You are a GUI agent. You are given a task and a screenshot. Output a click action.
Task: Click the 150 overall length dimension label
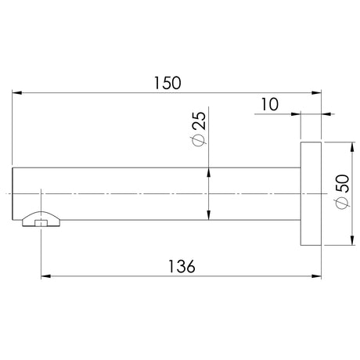click(x=167, y=83)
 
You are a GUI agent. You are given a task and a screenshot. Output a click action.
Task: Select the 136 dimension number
click(x=182, y=267)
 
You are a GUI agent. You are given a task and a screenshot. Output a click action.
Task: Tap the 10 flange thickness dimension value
click(x=270, y=104)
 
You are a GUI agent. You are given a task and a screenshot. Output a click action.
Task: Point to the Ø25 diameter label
click(x=200, y=129)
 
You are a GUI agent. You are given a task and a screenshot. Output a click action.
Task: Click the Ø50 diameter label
click(x=342, y=192)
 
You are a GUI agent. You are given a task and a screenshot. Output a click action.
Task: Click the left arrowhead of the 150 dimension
click(x=17, y=93)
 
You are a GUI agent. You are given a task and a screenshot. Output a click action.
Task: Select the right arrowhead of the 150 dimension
click(x=316, y=93)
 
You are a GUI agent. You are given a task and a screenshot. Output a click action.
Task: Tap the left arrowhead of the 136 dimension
click(x=46, y=276)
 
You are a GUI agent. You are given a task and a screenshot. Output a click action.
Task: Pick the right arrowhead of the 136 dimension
click(x=316, y=276)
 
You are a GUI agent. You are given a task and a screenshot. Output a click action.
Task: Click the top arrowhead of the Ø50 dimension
click(x=352, y=147)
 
